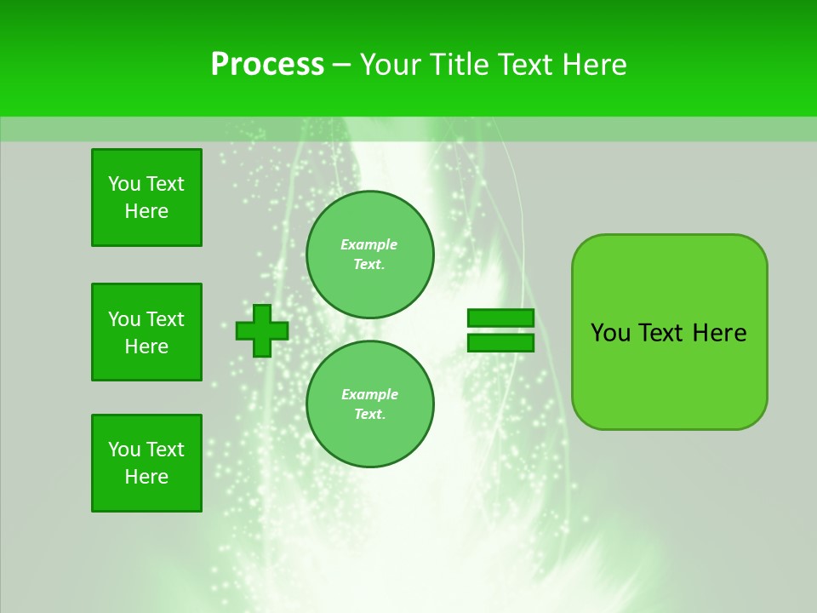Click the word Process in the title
(x=267, y=65)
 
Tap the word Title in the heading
(x=457, y=65)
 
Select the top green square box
(x=146, y=198)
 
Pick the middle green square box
(x=146, y=332)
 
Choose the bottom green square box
(x=146, y=463)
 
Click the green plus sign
(x=262, y=330)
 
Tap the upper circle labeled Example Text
(x=369, y=255)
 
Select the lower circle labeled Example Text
(x=369, y=404)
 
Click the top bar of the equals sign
(x=500, y=318)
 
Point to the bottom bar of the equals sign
(x=500, y=342)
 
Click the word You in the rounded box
(x=610, y=333)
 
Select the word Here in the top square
(x=146, y=211)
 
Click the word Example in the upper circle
(x=369, y=244)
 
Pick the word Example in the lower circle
(x=369, y=394)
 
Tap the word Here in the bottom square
(x=146, y=477)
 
